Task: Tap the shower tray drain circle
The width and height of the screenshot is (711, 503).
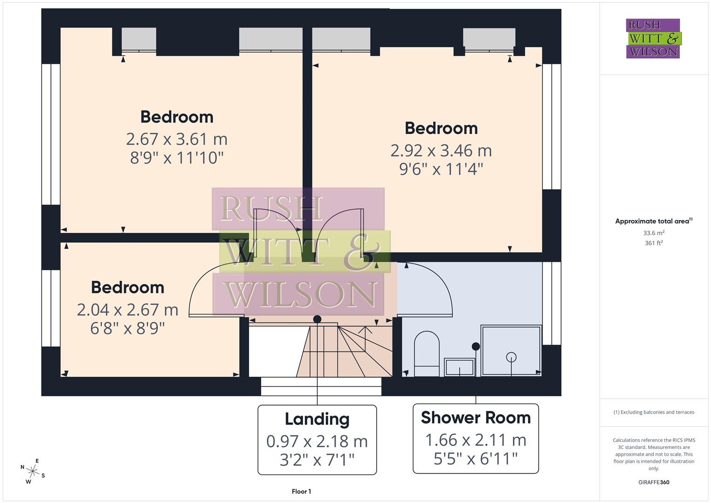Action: (x=511, y=357)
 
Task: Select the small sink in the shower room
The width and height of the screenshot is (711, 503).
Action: (x=459, y=367)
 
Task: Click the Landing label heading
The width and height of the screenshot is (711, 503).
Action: (x=317, y=419)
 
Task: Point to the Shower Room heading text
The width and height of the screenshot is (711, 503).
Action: (x=475, y=418)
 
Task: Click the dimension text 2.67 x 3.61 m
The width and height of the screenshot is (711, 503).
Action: (x=176, y=139)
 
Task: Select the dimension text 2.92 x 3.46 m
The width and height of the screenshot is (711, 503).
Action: (x=441, y=150)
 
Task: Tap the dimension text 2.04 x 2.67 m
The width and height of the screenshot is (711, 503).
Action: (x=128, y=310)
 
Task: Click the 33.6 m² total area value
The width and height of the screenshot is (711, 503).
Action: (x=654, y=233)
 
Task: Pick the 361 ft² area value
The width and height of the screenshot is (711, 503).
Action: (x=654, y=243)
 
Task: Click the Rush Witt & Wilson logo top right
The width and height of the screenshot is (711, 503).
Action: (x=653, y=39)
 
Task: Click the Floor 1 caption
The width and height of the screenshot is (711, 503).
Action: (x=301, y=491)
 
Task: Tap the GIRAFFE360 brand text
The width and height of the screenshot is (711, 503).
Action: (x=654, y=482)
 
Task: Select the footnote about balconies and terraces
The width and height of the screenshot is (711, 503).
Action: (x=654, y=412)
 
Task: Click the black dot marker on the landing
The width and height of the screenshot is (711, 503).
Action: (x=317, y=319)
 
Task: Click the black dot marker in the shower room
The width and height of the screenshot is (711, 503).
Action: (x=475, y=347)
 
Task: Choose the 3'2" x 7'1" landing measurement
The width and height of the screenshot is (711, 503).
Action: (x=317, y=460)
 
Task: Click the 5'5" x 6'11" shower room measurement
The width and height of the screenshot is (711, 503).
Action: (x=475, y=459)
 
